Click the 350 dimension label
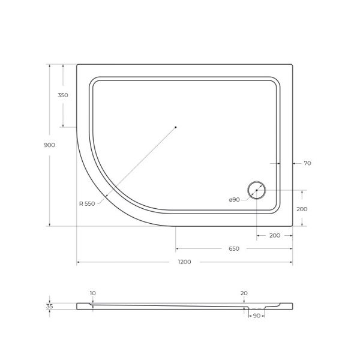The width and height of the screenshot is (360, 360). click(x=63, y=95)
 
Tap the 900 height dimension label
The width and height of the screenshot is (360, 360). click(x=49, y=145)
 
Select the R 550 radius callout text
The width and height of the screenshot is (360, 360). click(x=87, y=204)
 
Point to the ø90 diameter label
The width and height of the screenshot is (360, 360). click(x=234, y=200)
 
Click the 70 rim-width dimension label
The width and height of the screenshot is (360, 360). click(x=307, y=163)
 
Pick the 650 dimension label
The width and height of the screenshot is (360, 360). click(x=234, y=248)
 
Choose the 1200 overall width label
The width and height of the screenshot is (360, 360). click(x=184, y=262)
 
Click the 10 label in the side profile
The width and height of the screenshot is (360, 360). click(x=92, y=293)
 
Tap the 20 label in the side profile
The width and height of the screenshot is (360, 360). click(x=244, y=293)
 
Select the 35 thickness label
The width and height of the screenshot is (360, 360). click(x=49, y=306)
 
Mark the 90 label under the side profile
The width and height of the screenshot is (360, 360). click(x=256, y=316)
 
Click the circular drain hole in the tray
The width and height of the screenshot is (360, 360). click(x=257, y=190)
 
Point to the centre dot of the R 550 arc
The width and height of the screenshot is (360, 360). click(x=176, y=127)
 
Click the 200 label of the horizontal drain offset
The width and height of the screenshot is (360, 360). click(x=275, y=235)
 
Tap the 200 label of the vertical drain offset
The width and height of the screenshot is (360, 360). click(x=302, y=209)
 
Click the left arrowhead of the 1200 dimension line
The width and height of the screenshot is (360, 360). click(x=79, y=262)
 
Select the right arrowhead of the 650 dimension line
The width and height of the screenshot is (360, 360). click(x=291, y=248)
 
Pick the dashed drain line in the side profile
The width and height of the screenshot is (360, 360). click(x=256, y=308)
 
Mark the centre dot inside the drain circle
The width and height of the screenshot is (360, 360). click(x=257, y=190)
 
